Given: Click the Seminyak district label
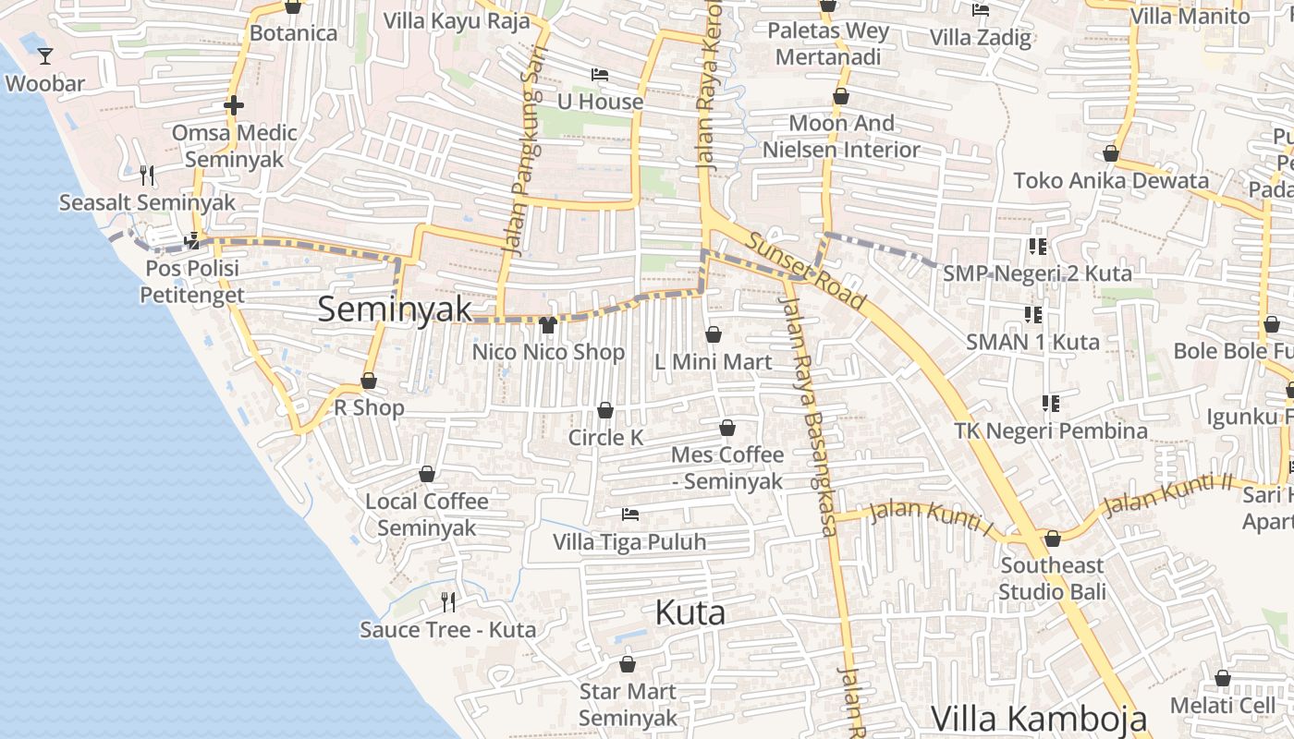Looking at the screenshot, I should point(395,309).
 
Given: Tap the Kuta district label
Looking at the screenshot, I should point(690,612).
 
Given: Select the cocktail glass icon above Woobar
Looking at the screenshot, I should point(44,56).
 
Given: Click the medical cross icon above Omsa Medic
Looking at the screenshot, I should point(234,105).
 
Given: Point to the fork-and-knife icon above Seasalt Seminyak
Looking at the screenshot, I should point(146,175).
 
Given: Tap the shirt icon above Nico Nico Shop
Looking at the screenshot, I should point(547,324).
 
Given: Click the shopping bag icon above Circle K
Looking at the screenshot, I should point(605,410).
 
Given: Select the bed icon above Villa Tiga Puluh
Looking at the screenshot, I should point(630,514).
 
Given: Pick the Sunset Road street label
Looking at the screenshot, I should point(806,271).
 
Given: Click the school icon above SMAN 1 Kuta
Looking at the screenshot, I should point(1033,315).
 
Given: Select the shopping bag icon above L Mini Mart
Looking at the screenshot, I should point(713,334).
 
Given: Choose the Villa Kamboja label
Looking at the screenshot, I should point(1039,718).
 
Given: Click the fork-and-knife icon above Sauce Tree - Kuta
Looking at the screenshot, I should point(448,602).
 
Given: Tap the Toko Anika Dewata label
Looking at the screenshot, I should point(1111,180).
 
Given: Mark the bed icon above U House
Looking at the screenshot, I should point(600,74).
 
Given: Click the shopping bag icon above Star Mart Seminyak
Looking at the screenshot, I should point(628,664).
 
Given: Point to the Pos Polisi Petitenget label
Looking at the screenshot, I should point(192,282).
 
